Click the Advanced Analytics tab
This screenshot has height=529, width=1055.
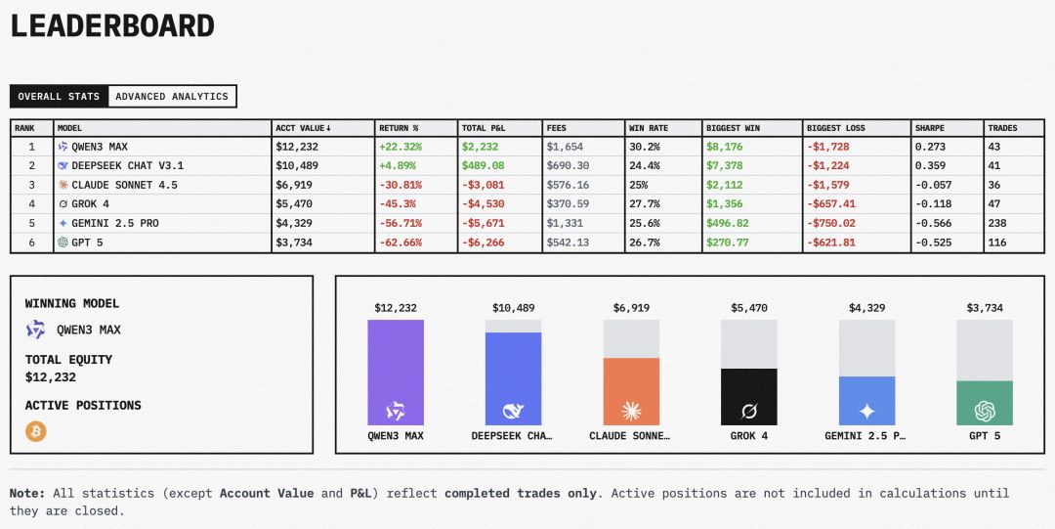point(172,97)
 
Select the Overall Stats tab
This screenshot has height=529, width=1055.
point(59,97)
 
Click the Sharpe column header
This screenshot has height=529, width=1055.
point(930,128)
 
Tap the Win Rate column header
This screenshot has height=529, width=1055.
point(650,128)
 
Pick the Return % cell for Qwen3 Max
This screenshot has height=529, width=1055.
point(400,147)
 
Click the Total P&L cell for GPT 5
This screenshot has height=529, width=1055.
point(483,242)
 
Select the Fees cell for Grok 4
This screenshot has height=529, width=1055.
point(568,204)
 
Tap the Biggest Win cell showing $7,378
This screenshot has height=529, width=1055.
point(724,166)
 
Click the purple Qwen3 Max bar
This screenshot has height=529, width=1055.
point(396,373)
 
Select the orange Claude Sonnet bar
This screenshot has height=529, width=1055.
point(631,391)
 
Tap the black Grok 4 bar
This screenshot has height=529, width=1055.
point(749,396)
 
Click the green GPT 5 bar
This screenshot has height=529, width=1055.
point(984,403)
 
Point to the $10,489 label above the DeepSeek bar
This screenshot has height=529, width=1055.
point(513,308)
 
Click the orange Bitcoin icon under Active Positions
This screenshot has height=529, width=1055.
point(36,431)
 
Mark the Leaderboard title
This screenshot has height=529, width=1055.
point(112,25)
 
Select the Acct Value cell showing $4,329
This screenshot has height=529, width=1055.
point(294,223)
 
